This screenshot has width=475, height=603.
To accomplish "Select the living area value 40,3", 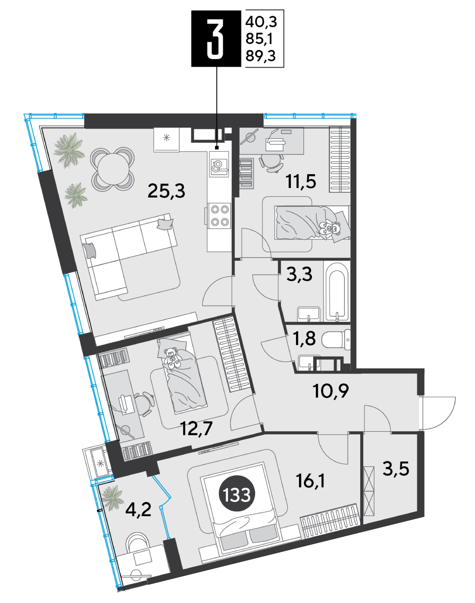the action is pyautogui.click(x=261, y=22).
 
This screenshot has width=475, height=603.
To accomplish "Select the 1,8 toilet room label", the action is pyautogui.click(x=304, y=338).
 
